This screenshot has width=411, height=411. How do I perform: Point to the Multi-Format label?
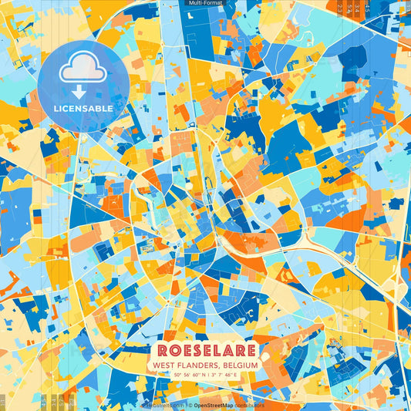[205, 3]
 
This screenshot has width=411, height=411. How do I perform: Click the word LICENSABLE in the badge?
[83, 109]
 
